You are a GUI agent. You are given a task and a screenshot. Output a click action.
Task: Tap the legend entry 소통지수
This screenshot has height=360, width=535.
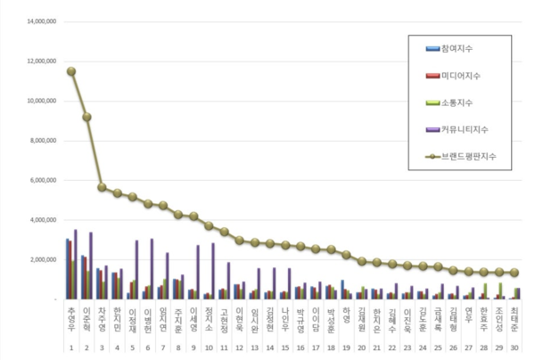coord(458,104)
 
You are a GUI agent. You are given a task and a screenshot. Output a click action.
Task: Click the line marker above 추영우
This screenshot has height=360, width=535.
coord(71,71)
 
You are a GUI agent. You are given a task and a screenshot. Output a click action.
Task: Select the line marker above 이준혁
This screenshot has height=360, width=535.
coord(86,117)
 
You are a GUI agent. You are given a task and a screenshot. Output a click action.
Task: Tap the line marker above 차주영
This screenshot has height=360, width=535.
coord(102,187)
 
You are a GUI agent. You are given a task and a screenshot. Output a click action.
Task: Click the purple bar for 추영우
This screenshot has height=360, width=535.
coord(76,264)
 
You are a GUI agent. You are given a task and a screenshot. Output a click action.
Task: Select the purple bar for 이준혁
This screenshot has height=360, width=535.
coord(91,266)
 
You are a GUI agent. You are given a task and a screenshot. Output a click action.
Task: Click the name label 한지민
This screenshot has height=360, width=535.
coord(118,318)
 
